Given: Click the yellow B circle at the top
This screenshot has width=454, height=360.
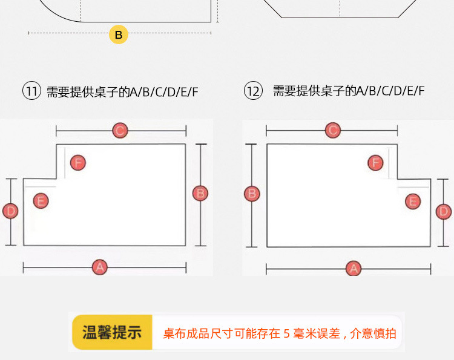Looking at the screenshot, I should (118, 34).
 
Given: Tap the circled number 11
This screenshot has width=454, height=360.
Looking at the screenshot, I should (31, 92).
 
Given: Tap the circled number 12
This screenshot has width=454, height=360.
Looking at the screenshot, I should (253, 91).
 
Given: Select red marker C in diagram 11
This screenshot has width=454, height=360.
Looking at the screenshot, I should (120, 130).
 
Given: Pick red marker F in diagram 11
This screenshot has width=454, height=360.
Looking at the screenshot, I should (77, 162).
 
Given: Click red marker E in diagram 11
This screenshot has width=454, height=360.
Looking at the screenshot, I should (41, 201).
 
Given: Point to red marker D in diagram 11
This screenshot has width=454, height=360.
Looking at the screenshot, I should (11, 211).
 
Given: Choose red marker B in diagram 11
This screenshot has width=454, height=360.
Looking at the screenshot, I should (200, 194).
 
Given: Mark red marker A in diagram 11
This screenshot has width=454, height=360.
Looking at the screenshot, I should (100, 266).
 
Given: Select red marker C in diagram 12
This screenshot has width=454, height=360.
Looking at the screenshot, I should (332, 130).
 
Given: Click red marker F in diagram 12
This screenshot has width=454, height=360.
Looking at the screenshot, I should (376, 162).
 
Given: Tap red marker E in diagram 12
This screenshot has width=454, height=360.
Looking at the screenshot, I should (413, 201).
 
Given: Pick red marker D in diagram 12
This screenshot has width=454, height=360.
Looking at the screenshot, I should (444, 211).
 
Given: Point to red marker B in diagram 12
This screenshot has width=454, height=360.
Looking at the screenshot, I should (252, 194).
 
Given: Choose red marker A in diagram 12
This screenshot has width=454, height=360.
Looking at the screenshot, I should (354, 267).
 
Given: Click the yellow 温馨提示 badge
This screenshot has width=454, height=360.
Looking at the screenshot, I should (112, 333).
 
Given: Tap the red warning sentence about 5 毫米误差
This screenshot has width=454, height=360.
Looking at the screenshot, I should (280, 333).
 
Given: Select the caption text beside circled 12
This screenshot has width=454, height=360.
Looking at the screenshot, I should (349, 91).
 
